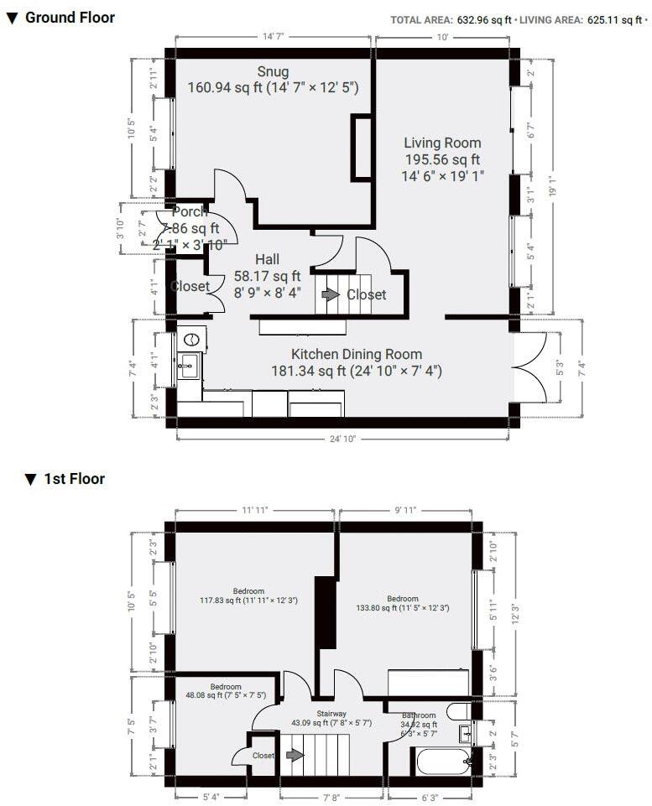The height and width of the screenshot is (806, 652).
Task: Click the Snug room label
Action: tap(274, 71)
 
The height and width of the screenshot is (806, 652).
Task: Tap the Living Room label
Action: tap(442, 143)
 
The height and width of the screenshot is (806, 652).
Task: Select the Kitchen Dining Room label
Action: tap(356, 354)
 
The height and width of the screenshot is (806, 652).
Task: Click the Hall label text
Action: tap(267, 259)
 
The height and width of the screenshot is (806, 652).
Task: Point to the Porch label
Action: tap(189, 212)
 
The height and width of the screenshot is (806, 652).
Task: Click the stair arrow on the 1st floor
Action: tap(294, 755)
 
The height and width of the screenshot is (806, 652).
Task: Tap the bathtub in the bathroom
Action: tap(441, 762)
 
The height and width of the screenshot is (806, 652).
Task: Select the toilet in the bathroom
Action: tap(457, 712)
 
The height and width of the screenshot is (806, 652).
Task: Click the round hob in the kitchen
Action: tap(192, 340)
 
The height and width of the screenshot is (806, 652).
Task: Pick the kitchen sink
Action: tap(188, 365)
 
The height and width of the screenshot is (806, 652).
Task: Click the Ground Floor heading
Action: tap(70, 18)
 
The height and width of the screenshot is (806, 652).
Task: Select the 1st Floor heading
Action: tap(74, 479)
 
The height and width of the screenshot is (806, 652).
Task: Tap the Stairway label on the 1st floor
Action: tap(331, 713)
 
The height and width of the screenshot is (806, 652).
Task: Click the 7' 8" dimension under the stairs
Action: tap(331, 798)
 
